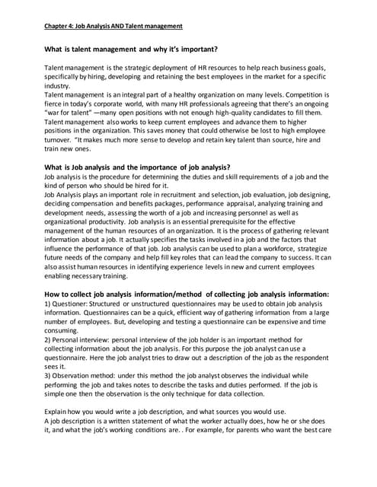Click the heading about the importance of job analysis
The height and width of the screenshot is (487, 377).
coord(138,167)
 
